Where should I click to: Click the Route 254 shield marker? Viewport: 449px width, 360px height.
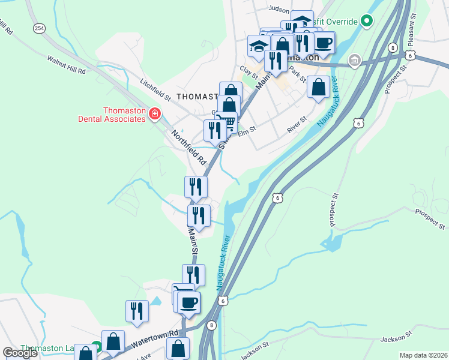click(39, 28)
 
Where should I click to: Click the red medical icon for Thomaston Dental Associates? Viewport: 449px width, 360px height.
click(155, 113)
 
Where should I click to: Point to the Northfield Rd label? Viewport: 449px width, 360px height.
click(188, 148)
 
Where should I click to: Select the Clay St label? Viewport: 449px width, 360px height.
click(249, 73)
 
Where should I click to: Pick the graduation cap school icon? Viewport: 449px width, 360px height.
click(259, 46)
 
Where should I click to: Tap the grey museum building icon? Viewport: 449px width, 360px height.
click(354, 60)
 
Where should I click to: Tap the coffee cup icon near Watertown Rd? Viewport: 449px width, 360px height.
click(188, 302)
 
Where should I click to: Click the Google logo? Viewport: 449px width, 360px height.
click(20, 352)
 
